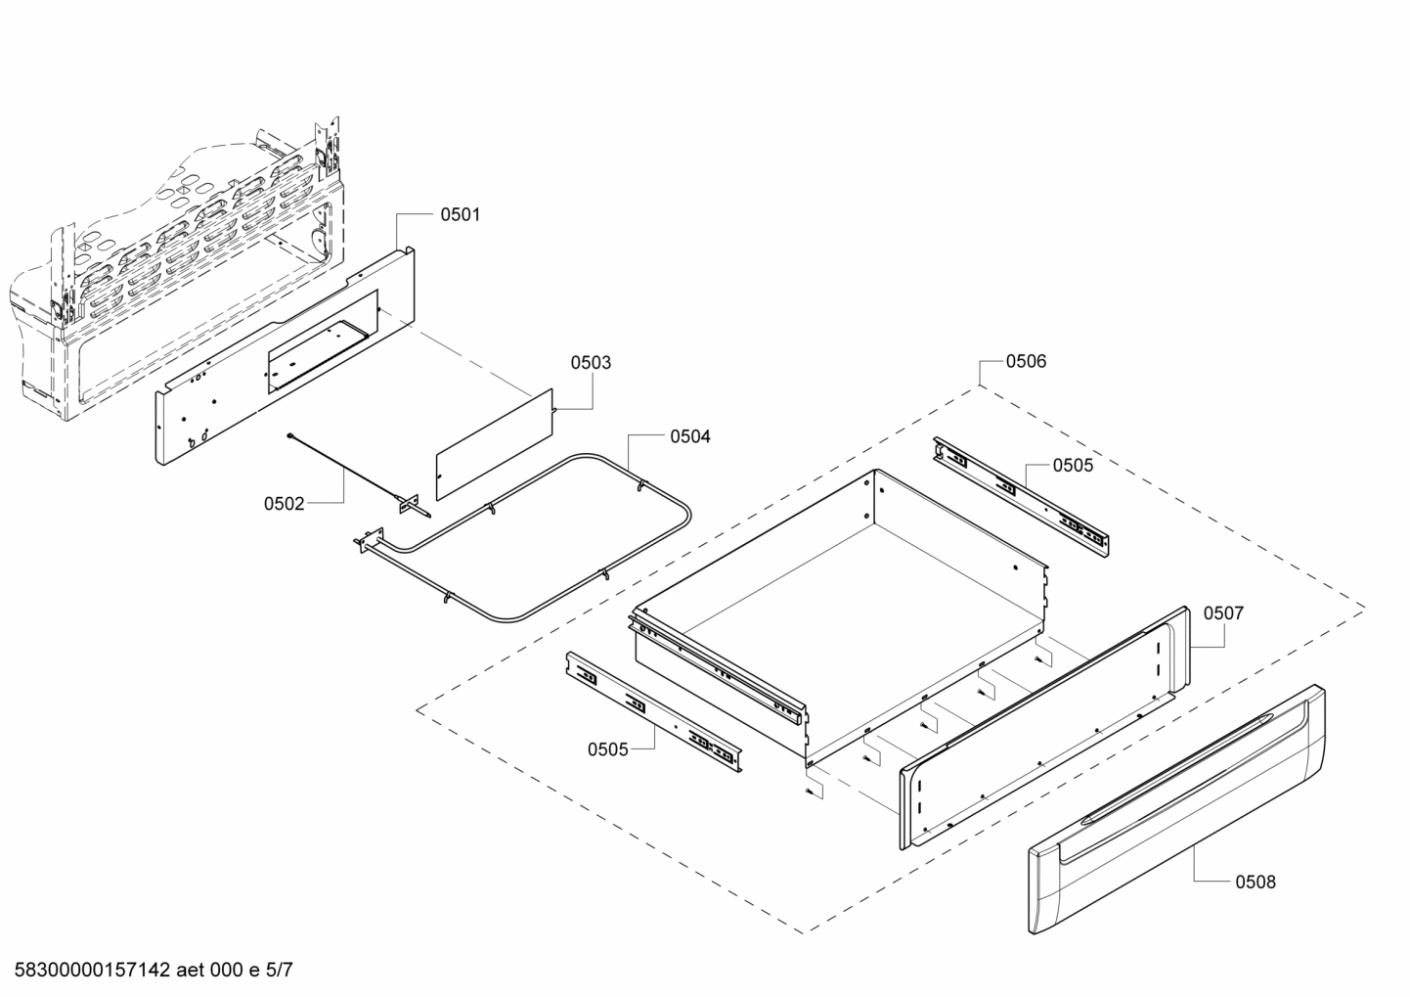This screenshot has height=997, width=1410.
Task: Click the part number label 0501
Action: [x=460, y=214]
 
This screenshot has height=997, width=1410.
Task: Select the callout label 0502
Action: [x=284, y=504]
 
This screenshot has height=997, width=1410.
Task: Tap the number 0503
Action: [x=591, y=363]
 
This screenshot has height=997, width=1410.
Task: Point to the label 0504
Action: [x=689, y=437]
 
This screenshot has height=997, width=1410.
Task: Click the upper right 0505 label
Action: [x=1073, y=466]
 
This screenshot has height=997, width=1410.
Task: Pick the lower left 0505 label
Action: [x=607, y=749]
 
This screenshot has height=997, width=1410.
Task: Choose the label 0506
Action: [x=1026, y=362]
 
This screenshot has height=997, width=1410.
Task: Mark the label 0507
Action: [x=1223, y=613]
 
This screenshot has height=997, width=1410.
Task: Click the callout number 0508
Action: [x=1255, y=883]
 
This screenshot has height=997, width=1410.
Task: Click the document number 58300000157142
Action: [x=88, y=971]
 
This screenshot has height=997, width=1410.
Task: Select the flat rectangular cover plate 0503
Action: [x=495, y=439]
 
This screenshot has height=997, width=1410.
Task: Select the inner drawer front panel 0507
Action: [x=1046, y=724]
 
